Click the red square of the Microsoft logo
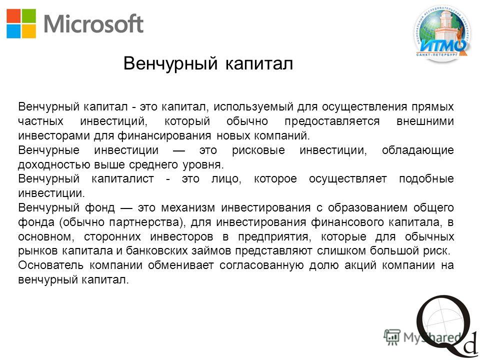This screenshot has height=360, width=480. point(13,16)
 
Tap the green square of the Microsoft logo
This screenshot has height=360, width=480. point(29,16)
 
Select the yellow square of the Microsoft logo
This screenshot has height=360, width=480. point(29,31)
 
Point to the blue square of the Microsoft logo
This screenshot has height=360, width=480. point(13,31)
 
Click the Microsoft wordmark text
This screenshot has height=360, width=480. point(93,23)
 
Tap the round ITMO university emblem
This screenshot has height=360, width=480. point(442,33)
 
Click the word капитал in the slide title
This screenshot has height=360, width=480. point(259,63)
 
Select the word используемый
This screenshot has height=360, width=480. point(250,107)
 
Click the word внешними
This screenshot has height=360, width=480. point(425,121)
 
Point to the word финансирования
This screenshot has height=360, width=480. point(164,135)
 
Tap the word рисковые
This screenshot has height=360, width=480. point(258,150)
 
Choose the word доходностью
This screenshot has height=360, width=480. point(53,165)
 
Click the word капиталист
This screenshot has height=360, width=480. point(123,179)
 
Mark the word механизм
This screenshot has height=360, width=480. point(188,208)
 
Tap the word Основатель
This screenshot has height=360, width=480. point(51,265)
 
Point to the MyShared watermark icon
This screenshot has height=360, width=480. point(392,337)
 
